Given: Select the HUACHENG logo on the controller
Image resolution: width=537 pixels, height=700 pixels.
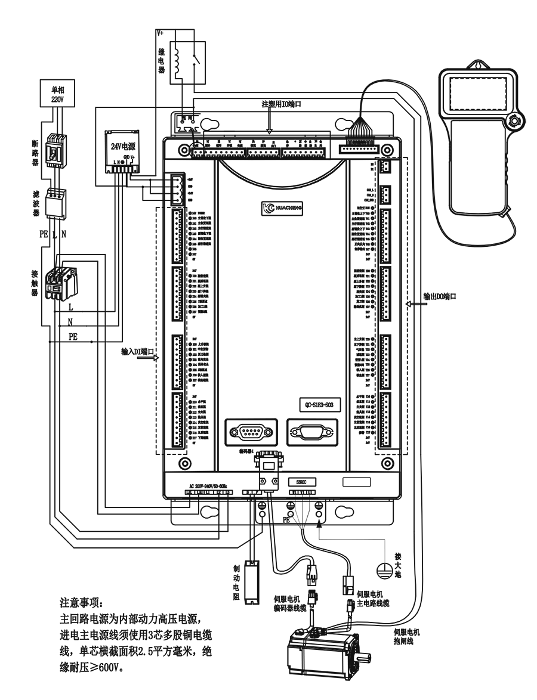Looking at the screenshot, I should (x=283, y=207).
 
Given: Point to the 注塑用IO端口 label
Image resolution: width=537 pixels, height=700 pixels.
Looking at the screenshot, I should (x=281, y=104).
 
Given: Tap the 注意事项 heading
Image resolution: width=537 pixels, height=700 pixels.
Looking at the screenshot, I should (x=82, y=601).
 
